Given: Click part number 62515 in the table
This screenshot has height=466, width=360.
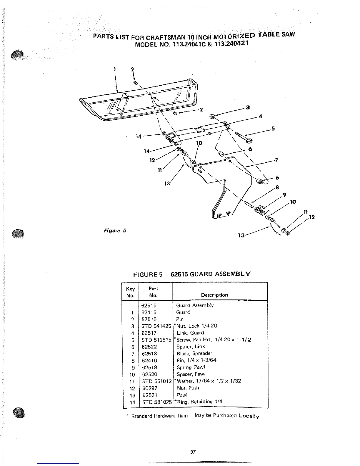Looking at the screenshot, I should click(149, 305).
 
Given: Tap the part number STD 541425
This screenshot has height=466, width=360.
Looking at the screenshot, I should click(156, 326).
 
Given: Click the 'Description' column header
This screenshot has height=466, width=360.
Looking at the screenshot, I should click(214, 295).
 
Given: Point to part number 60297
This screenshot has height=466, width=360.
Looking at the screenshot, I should click(149, 388).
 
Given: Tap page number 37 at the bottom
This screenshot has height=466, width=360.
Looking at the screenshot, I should click(193, 452).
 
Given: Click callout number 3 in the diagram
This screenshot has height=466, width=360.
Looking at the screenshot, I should click(248, 107).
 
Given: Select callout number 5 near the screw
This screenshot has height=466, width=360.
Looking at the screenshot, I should click(273, 128).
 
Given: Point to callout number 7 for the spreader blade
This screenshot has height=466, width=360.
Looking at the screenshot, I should click(276, 160).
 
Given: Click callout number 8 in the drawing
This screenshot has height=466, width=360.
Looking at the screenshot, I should click(277, 187).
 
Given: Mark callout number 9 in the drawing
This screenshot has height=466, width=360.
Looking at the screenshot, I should click(284, 194).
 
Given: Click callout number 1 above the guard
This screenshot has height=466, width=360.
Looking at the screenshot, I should click(114, 69).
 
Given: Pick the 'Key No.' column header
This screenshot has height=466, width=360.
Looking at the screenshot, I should click(130, 292).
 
